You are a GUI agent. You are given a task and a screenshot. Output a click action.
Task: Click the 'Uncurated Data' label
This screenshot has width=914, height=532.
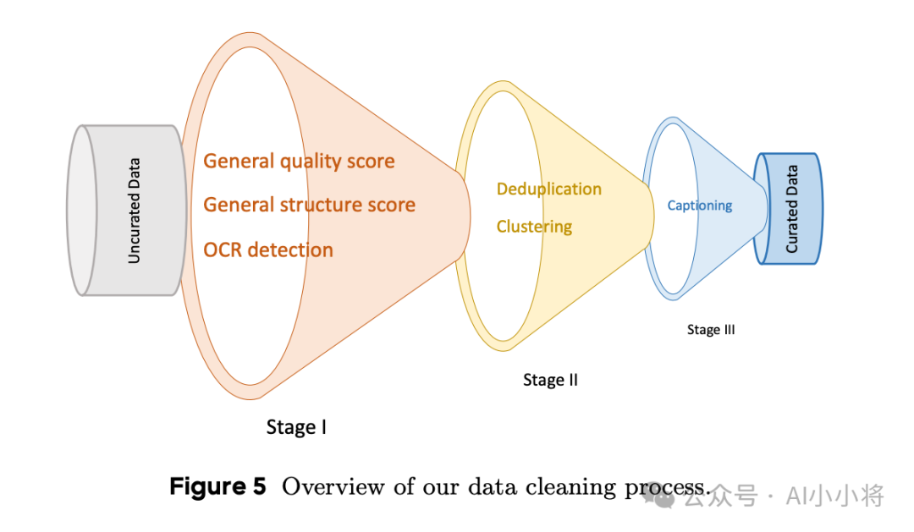point(134,211)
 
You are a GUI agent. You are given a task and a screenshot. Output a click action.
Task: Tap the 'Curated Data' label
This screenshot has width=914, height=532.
point(792,209)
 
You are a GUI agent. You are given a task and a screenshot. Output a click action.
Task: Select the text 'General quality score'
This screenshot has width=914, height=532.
point(299,161)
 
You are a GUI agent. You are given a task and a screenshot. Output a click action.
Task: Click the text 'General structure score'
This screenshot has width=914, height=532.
point(309,205)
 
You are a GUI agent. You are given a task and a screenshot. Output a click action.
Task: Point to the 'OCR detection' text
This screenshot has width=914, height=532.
point(268,250)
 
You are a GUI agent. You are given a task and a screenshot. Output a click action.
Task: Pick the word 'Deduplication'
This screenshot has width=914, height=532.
point(548,189)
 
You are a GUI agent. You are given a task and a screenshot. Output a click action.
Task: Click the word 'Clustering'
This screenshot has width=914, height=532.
point(534,227)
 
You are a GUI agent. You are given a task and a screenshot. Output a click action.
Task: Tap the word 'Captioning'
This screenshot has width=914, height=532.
point(699,206)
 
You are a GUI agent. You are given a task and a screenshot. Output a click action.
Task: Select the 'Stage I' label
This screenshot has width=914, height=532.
point(296,427)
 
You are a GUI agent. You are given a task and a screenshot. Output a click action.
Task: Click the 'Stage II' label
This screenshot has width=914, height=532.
point(550,380)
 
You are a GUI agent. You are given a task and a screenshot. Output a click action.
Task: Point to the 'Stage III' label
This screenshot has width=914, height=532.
point(711,330)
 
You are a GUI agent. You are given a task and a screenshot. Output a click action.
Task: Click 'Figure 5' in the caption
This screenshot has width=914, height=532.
point(217,487)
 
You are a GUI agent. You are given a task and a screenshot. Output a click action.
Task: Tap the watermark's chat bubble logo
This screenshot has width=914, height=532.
point(664,496)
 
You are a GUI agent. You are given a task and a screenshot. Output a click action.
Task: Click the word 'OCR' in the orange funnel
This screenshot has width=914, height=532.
point(223,250)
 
